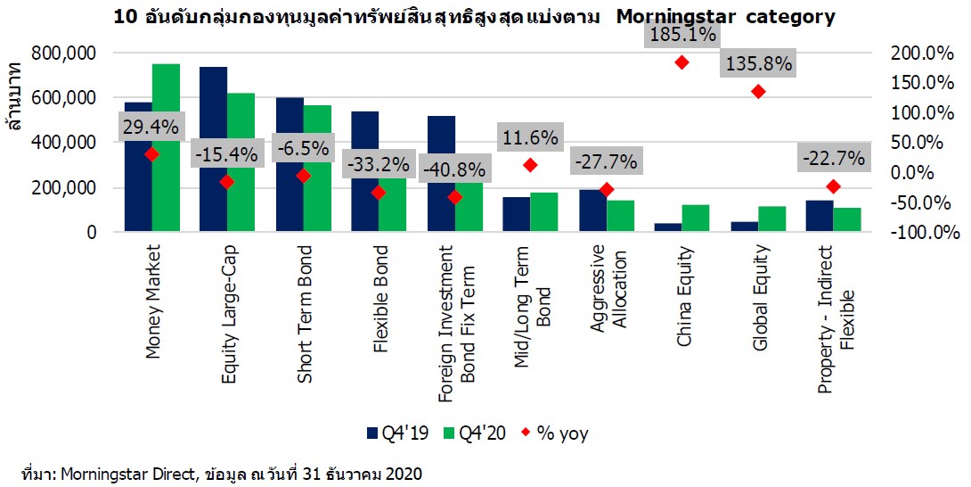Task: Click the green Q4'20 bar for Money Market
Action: tap(166, 148)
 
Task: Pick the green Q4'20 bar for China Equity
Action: tap(695, 219)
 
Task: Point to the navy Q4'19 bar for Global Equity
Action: tap(744, 227)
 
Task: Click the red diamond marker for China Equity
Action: tap(682, 62)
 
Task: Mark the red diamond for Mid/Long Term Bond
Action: tap(530, 165)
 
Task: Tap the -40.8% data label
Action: tap(454, 169)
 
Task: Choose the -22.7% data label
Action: tap(833, 159)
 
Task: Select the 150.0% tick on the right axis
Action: tap(922, 83)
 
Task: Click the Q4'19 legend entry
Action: tap(398, 434)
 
